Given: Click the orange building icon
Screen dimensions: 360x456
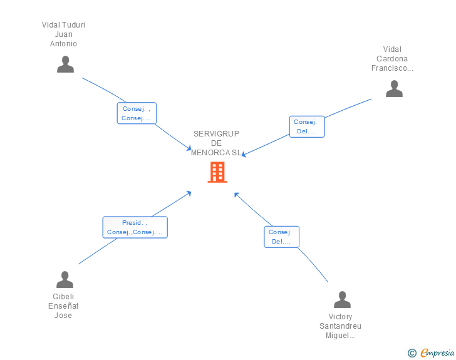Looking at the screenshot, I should pos(217,172).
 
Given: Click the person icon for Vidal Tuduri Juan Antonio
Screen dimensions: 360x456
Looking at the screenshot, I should pos(65,64).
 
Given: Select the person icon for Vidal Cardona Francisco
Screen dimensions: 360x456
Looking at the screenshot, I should pos(394,89).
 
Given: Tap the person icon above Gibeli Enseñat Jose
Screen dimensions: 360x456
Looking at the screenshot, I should pos(65,279).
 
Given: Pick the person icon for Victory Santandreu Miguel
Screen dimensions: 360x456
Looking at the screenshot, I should pos(342,299).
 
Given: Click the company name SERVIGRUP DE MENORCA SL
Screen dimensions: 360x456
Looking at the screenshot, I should pos(217,143).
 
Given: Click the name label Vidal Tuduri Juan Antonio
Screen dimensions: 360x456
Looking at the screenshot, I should pos(63,34).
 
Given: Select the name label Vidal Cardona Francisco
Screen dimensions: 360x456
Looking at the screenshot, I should pos(392,59).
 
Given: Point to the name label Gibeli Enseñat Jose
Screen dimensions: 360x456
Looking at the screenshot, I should pos(63,306).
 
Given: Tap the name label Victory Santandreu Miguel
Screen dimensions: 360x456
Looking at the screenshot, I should pos(341,326).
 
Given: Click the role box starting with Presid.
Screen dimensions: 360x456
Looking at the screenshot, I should pos(135,227).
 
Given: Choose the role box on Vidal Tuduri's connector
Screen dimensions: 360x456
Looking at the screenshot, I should pos(137,113).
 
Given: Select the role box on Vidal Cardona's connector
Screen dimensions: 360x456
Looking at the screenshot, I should pos(306,126).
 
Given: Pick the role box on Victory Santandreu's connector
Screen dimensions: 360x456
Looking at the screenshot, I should pos(281,237).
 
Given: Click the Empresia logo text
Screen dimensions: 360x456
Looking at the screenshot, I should pos(437,353).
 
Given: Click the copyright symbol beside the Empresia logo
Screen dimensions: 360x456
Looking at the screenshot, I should pos(412,353).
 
